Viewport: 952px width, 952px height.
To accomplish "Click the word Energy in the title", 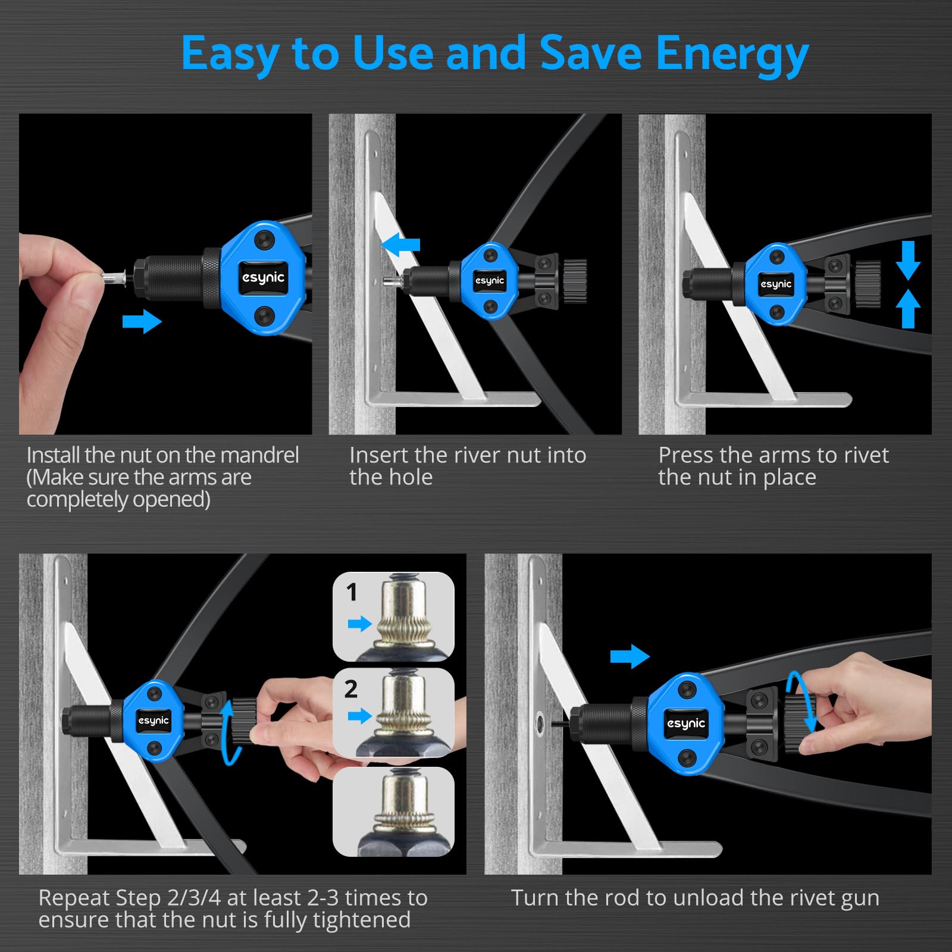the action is click(732, 54).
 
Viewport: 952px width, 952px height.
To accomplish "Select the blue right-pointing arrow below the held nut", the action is click(142, 322).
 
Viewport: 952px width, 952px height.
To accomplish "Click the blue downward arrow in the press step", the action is click(908, 261).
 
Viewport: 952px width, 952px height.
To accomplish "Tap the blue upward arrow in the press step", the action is click(908, 309).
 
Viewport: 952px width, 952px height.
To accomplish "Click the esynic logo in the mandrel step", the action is click(264, 278).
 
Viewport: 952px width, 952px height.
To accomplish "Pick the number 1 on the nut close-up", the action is click(352, 592).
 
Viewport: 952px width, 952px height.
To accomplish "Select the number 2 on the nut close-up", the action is click(351, 689).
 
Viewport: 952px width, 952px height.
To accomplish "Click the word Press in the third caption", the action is click(686, 455).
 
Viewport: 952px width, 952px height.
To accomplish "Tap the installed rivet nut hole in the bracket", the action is click(540, 722).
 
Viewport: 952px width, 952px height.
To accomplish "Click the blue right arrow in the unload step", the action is click(630, 656).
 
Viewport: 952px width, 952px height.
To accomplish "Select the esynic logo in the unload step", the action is click(686, 723).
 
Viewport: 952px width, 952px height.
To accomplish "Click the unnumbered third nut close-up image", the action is click(393, 812).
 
